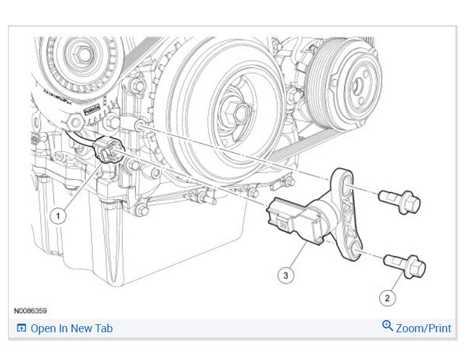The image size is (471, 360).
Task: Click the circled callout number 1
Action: [58, 216]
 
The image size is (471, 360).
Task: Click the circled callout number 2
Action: [387, 298]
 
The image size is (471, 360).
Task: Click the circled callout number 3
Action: [285, 276]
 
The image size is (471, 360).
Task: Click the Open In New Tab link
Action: [72, 329]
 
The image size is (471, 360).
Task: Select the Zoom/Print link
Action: [424, 329]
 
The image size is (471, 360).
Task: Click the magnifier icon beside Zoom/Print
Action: [388, 326]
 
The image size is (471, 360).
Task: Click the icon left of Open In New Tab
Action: [22, 329]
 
